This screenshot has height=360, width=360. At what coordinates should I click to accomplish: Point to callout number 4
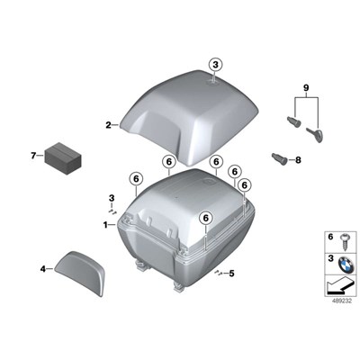click(42, 267)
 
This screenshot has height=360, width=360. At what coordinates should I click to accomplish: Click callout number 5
click(231, 274)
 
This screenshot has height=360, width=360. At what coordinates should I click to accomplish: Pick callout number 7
click(33, 156)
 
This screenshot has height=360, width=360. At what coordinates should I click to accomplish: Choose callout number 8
click(300, 159)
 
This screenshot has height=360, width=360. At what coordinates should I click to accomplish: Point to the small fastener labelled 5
click(219, 273)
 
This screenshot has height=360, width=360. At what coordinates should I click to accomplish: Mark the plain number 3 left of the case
click(112, 197)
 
